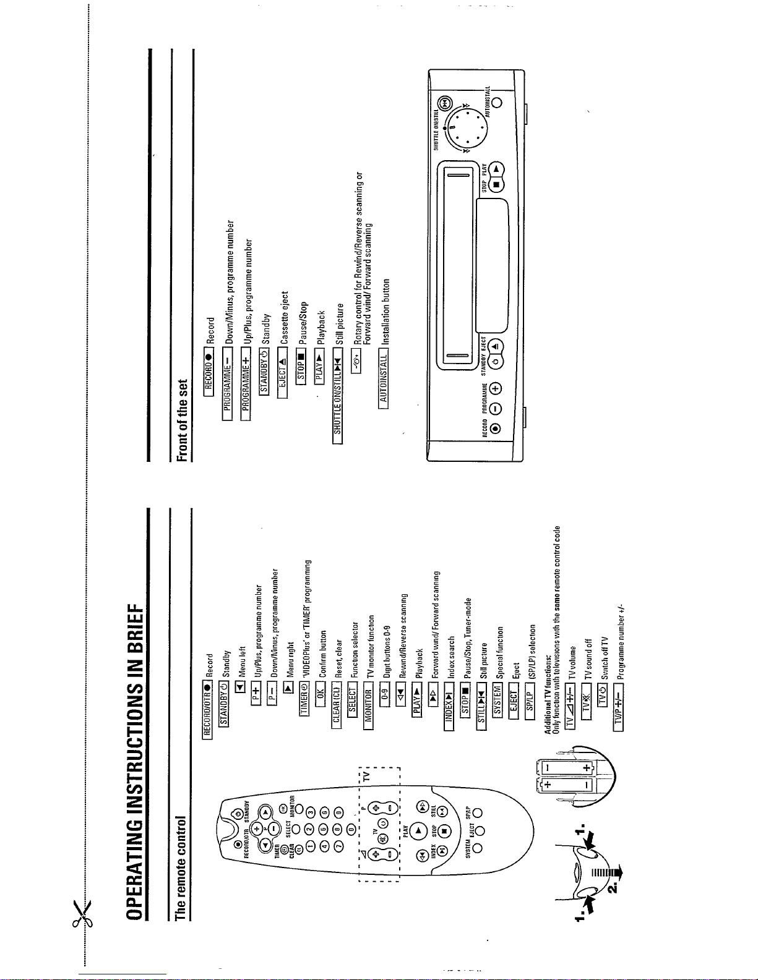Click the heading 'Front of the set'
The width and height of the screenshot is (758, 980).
[x=181, y=420]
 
